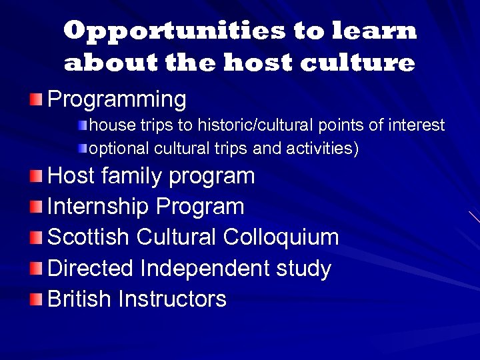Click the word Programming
click(x=117, y=100)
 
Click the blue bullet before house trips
click(x=83, y=125)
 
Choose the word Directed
click(x=91, y=269)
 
